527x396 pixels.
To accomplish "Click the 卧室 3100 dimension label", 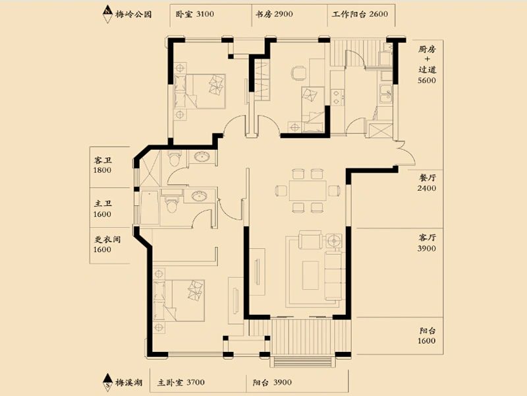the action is click(x=194, y=14).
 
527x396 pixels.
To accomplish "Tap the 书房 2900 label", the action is click(x=274, y=14).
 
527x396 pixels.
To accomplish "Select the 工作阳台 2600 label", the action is click(x=360, y=14).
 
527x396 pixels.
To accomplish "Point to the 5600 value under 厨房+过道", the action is click(x=427, y=81).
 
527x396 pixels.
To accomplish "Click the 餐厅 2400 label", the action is click(x=427, y=183).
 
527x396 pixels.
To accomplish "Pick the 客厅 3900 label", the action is click(x=427, y=243).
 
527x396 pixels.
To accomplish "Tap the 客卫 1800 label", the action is click(x=103, y=165).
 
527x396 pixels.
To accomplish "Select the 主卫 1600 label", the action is click(x=103, y=209).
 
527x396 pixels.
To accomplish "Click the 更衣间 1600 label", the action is click(x=107, y=244).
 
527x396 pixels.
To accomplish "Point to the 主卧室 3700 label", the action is click(x=180, y=383).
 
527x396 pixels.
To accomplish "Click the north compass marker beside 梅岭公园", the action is click(x=107, y=14).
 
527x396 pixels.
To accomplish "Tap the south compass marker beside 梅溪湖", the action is click(x=107, y=382).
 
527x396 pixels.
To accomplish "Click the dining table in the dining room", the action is click(x=308, y=191).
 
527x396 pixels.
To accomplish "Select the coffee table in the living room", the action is click(x=310, y=275).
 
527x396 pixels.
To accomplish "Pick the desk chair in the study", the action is click(x=298, y=73).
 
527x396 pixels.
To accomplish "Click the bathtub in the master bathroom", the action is click(x=150, y=208).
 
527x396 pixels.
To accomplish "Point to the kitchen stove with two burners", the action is click(x=337, y=97).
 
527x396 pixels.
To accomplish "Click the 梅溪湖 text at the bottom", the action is click(x=128, y=383).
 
